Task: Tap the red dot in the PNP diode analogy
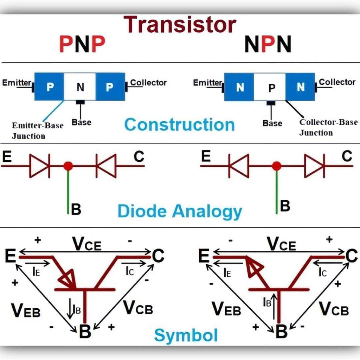68,165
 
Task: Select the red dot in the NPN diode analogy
277,166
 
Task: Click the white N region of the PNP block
80,87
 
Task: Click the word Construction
179,124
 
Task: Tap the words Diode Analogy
180,212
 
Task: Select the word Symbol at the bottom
186,335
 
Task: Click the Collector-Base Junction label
328,127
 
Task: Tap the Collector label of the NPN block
337,82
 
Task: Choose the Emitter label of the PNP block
16,83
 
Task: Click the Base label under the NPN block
272,123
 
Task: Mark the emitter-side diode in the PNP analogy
39,165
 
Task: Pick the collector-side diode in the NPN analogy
314,165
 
